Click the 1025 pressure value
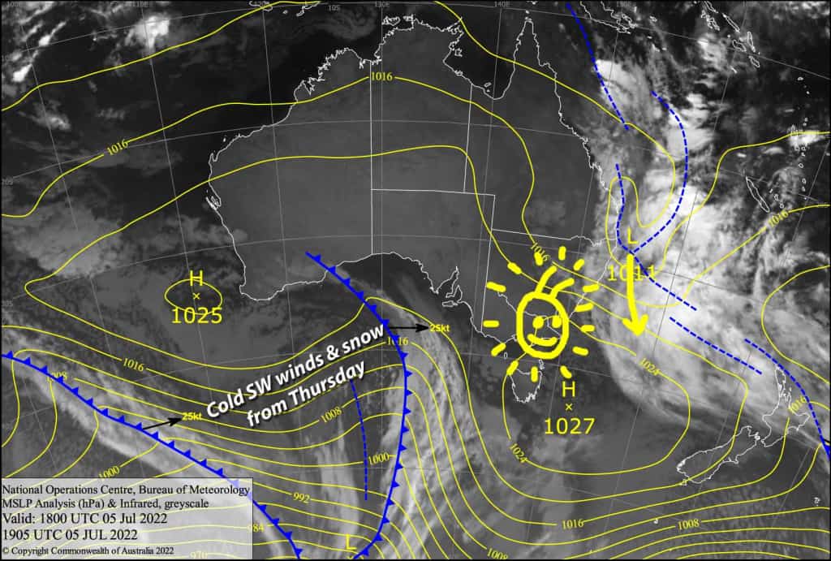click(x=196, y=315)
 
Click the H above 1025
click(x=196, y=278)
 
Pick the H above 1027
click(x=568, y=390)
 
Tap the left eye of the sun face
click(x=534, y=321)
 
